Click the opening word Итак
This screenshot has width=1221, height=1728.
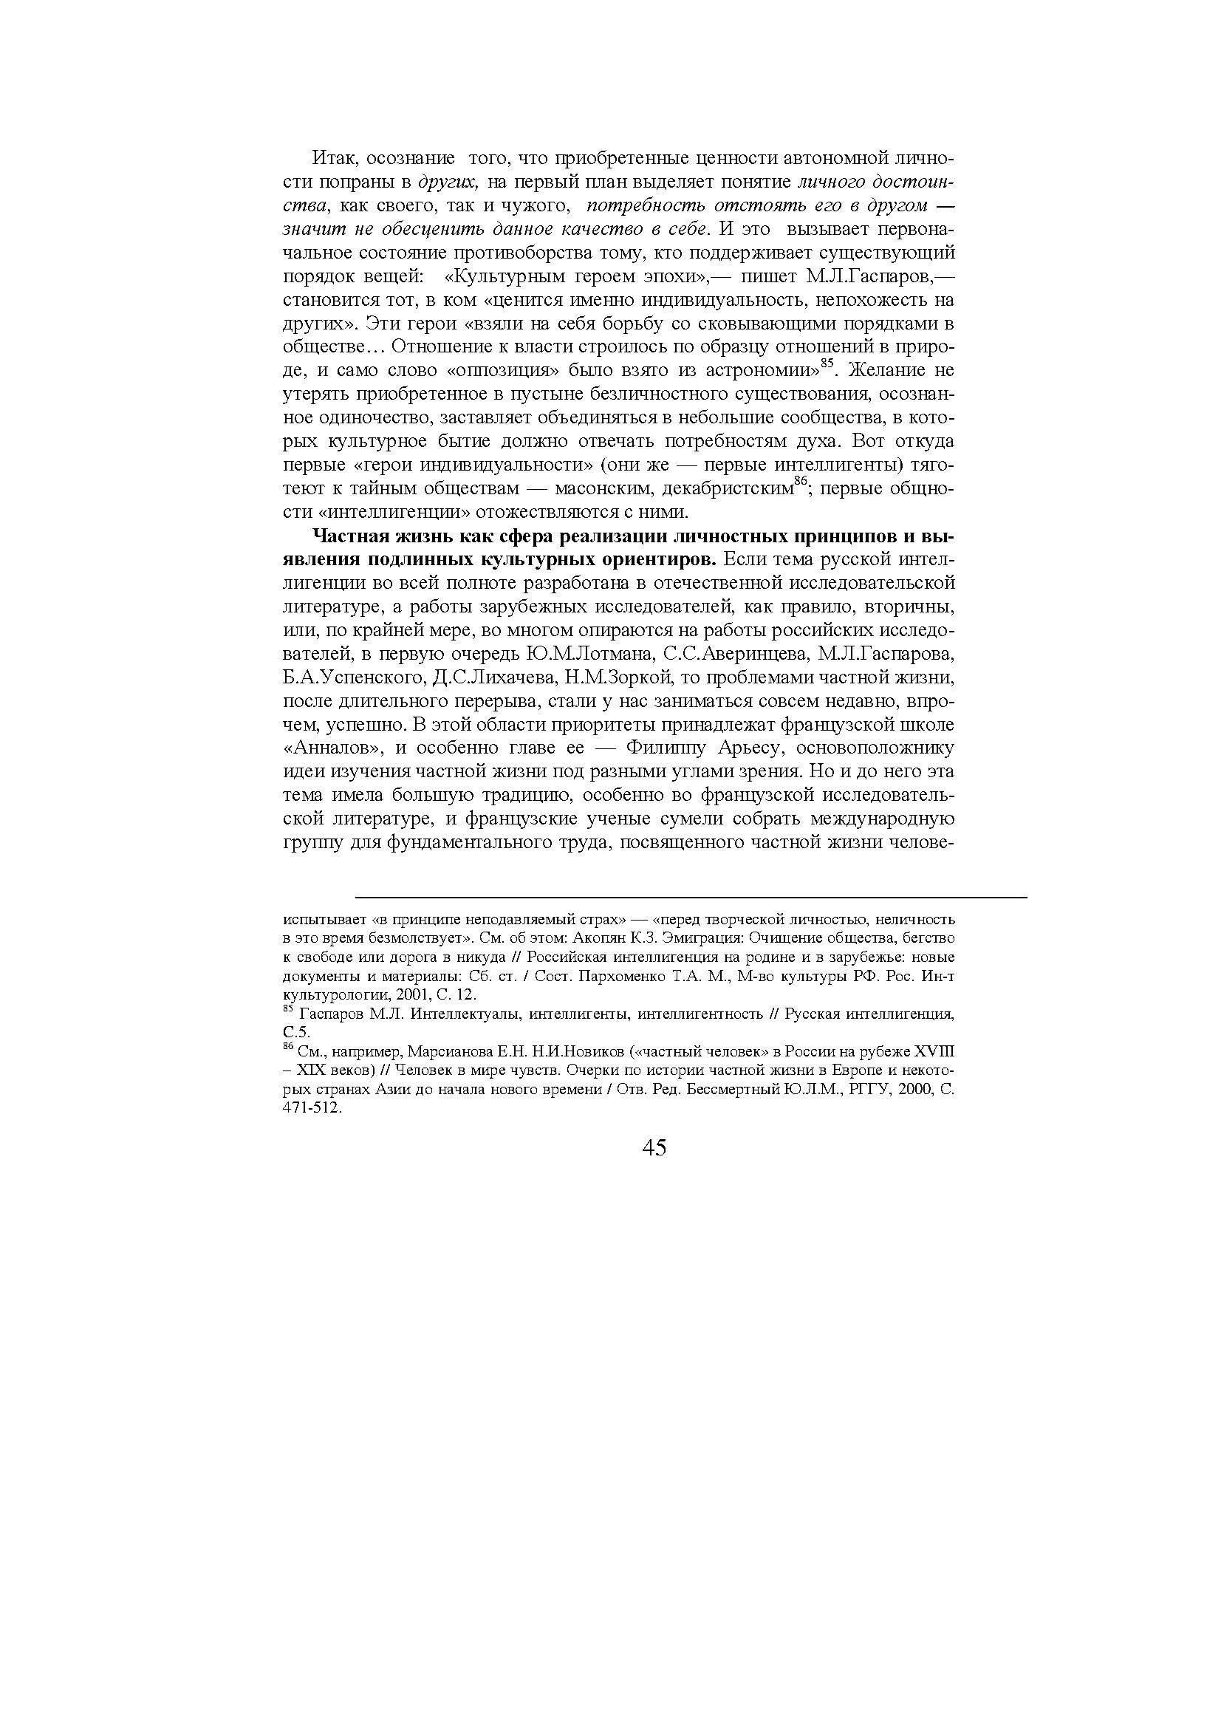coord(328,160)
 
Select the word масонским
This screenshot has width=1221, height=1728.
coord(602,489)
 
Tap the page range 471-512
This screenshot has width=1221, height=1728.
coord(312,1109)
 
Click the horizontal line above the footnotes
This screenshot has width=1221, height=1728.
coord(690,897)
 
